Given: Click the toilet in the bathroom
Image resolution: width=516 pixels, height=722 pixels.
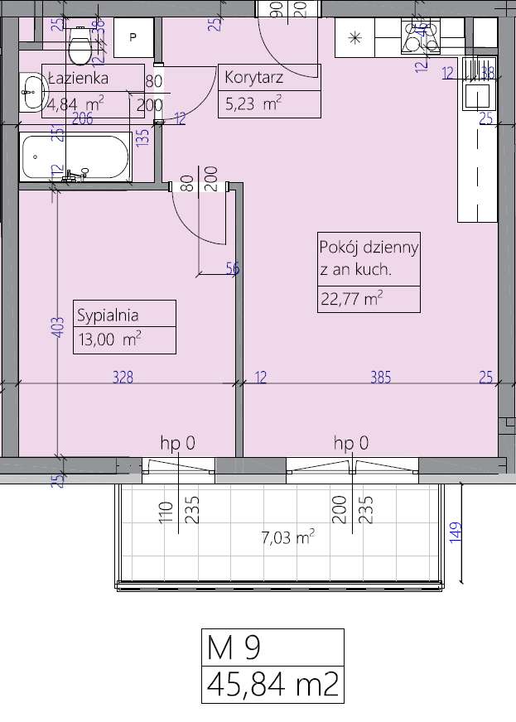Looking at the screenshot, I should tap(80, 46).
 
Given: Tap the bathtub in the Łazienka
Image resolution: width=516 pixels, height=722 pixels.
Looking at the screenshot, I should tap(75, 156).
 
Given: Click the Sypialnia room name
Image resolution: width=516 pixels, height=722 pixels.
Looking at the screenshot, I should tap(107, 315).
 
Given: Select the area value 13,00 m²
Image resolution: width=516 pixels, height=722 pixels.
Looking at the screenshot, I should tap(107, 339).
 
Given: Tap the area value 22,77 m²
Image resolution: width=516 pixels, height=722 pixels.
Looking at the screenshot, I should tap(351, 298).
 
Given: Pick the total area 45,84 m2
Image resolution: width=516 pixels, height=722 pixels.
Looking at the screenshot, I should tap(272, 684).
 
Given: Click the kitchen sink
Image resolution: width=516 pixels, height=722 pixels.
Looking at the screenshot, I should tap(478, 96).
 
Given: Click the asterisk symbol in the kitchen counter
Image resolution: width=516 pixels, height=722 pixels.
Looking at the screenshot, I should tap(355, 37).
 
